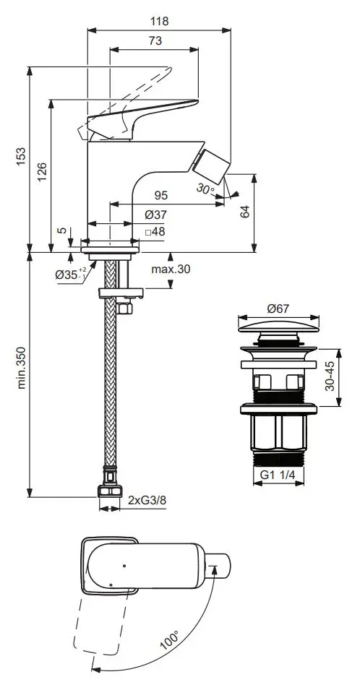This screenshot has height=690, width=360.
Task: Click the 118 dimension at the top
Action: pos(159,21)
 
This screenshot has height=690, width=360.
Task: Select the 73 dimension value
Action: pos(155,40)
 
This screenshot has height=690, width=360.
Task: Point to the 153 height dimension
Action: pos(21,157)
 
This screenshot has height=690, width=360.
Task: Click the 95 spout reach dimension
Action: pos(161,195)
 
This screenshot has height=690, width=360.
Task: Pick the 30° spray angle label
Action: pos(205,189)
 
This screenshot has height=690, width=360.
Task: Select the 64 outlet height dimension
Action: pos(244,211)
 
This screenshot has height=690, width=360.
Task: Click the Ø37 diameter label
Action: pos(156,215)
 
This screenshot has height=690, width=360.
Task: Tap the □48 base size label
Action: pos(155,231)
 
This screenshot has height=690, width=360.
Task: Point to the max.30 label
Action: pos(171,269)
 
